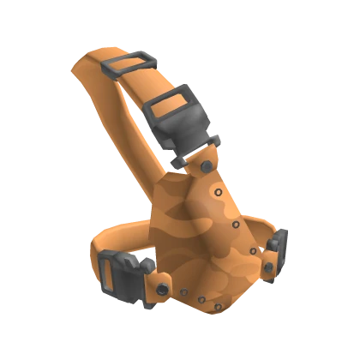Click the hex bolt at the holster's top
coord(207,165)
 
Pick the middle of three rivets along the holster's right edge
coord(237,225)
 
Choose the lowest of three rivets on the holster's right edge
coord(253,250)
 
